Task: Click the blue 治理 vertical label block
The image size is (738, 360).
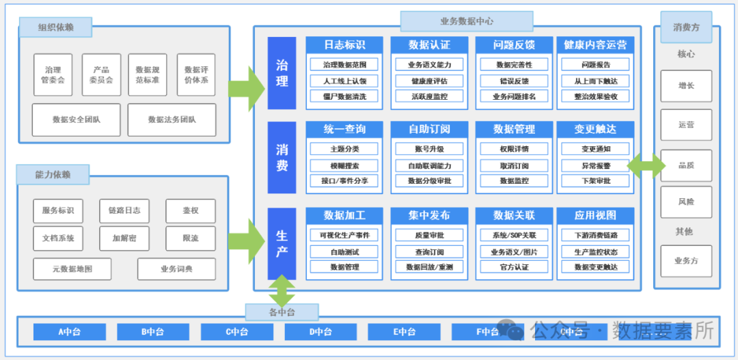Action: click(x=282, y=73)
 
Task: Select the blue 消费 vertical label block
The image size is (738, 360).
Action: click(x=282, y=158)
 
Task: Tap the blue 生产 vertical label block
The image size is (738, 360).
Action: click(x=282, y=243)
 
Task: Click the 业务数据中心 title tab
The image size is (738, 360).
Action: click(x=447, y=21)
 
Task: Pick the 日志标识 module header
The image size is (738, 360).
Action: click(x=344, y=45)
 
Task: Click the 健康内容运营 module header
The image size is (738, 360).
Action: click(x=594, y=45)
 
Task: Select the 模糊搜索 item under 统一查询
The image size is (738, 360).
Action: click(x=344, y=165)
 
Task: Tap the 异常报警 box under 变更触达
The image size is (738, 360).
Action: click(x=594, y=165)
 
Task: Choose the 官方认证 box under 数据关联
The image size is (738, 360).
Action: click(x=514, y=267)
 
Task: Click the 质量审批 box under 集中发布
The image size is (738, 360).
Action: click(x=429, y=236)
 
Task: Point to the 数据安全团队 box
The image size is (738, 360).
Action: click(x=76, y=120)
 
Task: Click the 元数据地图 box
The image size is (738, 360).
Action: click(x=72, y=269)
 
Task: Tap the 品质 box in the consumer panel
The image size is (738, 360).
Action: click(x=685, y=165)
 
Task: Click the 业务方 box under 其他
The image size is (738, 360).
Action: click(x=685, y=260)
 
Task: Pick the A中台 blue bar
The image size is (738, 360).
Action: click(x=70, y=332)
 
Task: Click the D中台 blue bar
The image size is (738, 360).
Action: click(x=320, y=332)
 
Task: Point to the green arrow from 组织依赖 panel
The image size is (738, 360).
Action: click(x=245, y=88)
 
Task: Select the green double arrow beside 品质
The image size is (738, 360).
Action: click(x=646, y=165)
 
